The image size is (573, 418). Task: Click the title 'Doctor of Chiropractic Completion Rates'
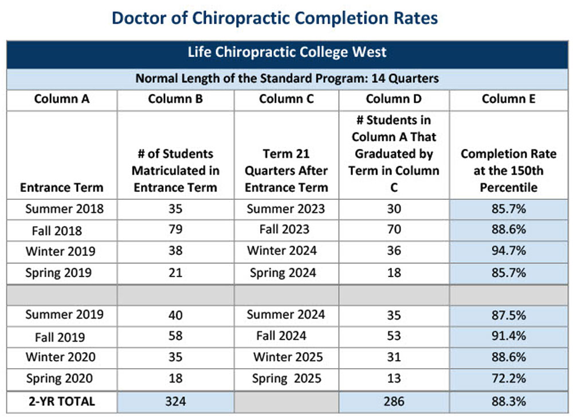click(x=274, y=18)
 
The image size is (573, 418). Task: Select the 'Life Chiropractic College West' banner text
click(x=287, y=53)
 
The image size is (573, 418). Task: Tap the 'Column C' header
click(x=286, y=99)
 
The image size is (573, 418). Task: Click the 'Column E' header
click(x=508, y=99)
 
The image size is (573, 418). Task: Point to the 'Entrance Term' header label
click(x=62, y=187)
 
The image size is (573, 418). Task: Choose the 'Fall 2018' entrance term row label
click(x=57, y=231)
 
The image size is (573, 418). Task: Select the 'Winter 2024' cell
click(x=282, y=251)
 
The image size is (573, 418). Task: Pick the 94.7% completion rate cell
click(x=508, y=251)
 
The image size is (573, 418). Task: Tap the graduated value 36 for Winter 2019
click(x=394, y=251)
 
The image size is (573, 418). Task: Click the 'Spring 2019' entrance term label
click(x=58, y=273)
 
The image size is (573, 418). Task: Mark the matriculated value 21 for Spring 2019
click(x=175, y=273)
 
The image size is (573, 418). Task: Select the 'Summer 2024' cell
click(x=286, y=314)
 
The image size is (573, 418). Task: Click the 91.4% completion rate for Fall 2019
click(x=508, y=336)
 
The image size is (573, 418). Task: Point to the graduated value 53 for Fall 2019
click(x=394, y=336)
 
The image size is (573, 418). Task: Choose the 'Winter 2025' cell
click(x=288, y=357)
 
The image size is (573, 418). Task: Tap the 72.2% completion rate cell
click(x=508, y=378)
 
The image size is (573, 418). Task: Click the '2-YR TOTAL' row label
click(x=62, y=401)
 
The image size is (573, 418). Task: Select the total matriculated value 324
click(x=175, y=401)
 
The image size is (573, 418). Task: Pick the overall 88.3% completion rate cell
click(x=508, y=401)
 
